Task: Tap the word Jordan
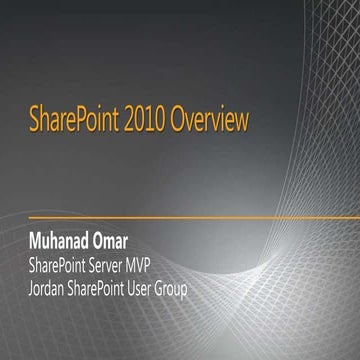(53, 290)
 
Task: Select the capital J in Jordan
(33, 290)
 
